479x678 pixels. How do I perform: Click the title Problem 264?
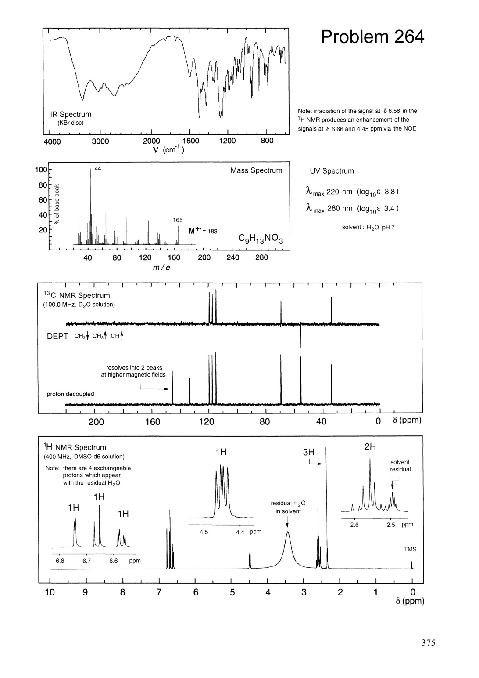[372, 37]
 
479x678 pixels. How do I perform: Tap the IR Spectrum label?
[70, 114]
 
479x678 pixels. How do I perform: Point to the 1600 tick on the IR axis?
[190, 141]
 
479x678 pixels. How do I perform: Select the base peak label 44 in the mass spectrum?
[98, 169]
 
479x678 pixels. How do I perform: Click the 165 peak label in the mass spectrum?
[178, 220]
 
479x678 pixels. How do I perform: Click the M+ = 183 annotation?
[203, 231]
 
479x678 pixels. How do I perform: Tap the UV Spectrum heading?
[332, 171]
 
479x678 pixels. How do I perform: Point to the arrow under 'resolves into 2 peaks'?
[154, 388]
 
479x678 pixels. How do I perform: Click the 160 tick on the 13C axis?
[152, 422]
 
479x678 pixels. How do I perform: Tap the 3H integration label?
[309, 452]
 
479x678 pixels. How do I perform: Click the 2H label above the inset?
[370, 447]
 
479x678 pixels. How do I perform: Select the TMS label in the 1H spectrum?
[410, 549]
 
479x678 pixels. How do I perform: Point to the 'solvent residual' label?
[400, 466]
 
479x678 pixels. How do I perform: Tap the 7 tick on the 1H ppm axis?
[159, 592]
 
